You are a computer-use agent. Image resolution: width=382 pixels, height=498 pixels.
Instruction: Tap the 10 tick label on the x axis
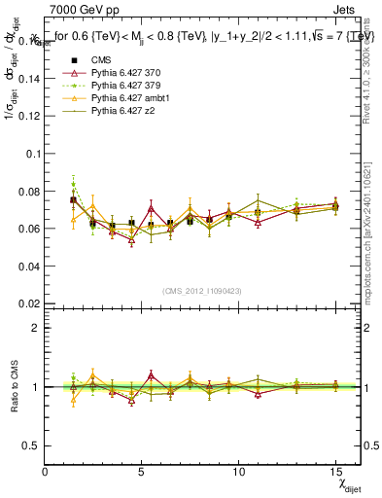(239, 472)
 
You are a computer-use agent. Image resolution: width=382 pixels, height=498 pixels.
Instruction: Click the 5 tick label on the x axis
(142, 472)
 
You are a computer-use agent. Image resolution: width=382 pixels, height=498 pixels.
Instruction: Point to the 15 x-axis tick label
(335, 472)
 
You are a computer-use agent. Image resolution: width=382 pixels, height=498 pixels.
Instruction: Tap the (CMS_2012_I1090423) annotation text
(201, 291)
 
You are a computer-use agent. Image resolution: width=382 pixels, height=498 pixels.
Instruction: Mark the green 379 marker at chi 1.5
(73, 184)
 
